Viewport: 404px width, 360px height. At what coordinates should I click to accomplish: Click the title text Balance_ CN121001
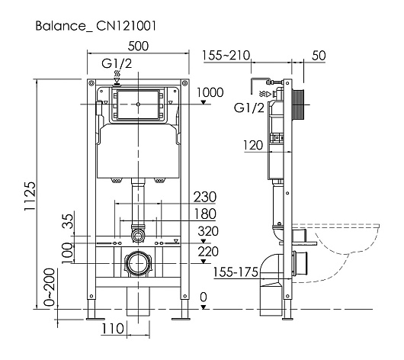coord(96,26)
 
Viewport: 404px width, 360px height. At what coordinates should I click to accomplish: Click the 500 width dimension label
coord(138,47)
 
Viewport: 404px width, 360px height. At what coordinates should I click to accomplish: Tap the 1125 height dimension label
coord(30,196)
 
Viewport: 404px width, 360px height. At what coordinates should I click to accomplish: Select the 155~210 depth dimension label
coord(226,55)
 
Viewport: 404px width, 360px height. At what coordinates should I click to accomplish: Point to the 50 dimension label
coord(319,56)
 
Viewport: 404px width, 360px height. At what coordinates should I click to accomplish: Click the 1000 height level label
coord(210,92)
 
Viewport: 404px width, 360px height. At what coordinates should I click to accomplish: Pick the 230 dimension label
coord(205,197)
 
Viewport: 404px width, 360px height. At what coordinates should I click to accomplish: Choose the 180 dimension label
coord(205,214)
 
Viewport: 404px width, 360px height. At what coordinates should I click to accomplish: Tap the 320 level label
coord(208,231)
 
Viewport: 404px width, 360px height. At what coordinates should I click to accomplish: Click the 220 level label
coord(208,252)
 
